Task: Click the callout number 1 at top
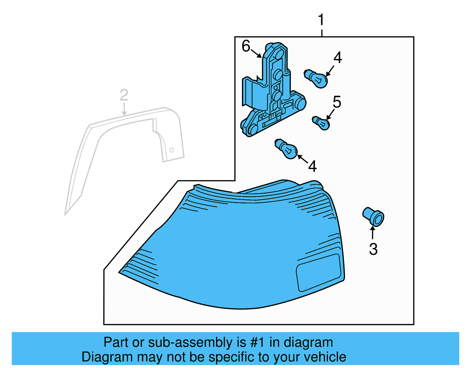coord(321,20)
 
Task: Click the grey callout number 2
coord(124,95)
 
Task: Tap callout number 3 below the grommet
coord(373,249)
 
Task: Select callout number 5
coord(337,102)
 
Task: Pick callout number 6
coord(246,46)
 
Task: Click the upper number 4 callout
coord(338,57)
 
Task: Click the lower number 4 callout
coord(312,166)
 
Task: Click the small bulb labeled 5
coord(321,123)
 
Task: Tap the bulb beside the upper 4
coord(316,79)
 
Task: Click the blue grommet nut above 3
coord(374,217)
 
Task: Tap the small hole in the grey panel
coord(172,150)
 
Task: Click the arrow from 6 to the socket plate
coord(256,54)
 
